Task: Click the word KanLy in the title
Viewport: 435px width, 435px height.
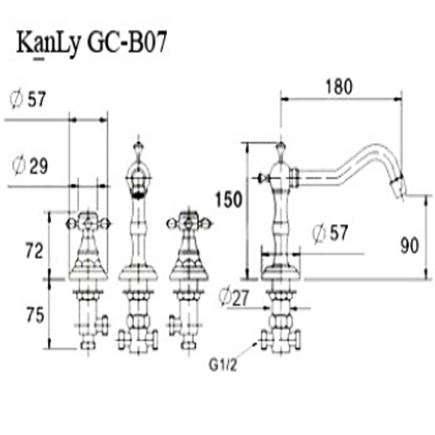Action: coord(48,44)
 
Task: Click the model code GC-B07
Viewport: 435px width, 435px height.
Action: coord(127,42)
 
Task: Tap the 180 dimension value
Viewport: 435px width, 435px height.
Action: coord(339,86)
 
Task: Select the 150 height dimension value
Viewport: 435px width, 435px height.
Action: coord(229,199)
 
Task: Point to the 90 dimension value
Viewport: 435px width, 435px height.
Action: coord(410,246)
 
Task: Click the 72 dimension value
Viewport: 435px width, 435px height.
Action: coord(34,250)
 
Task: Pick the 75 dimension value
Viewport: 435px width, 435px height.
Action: coord(35,315)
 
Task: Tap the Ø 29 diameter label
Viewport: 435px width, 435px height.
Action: coord(30,166)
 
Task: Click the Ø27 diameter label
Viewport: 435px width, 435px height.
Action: coord(234,297)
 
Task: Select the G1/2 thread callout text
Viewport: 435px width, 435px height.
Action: coord(223,365)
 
